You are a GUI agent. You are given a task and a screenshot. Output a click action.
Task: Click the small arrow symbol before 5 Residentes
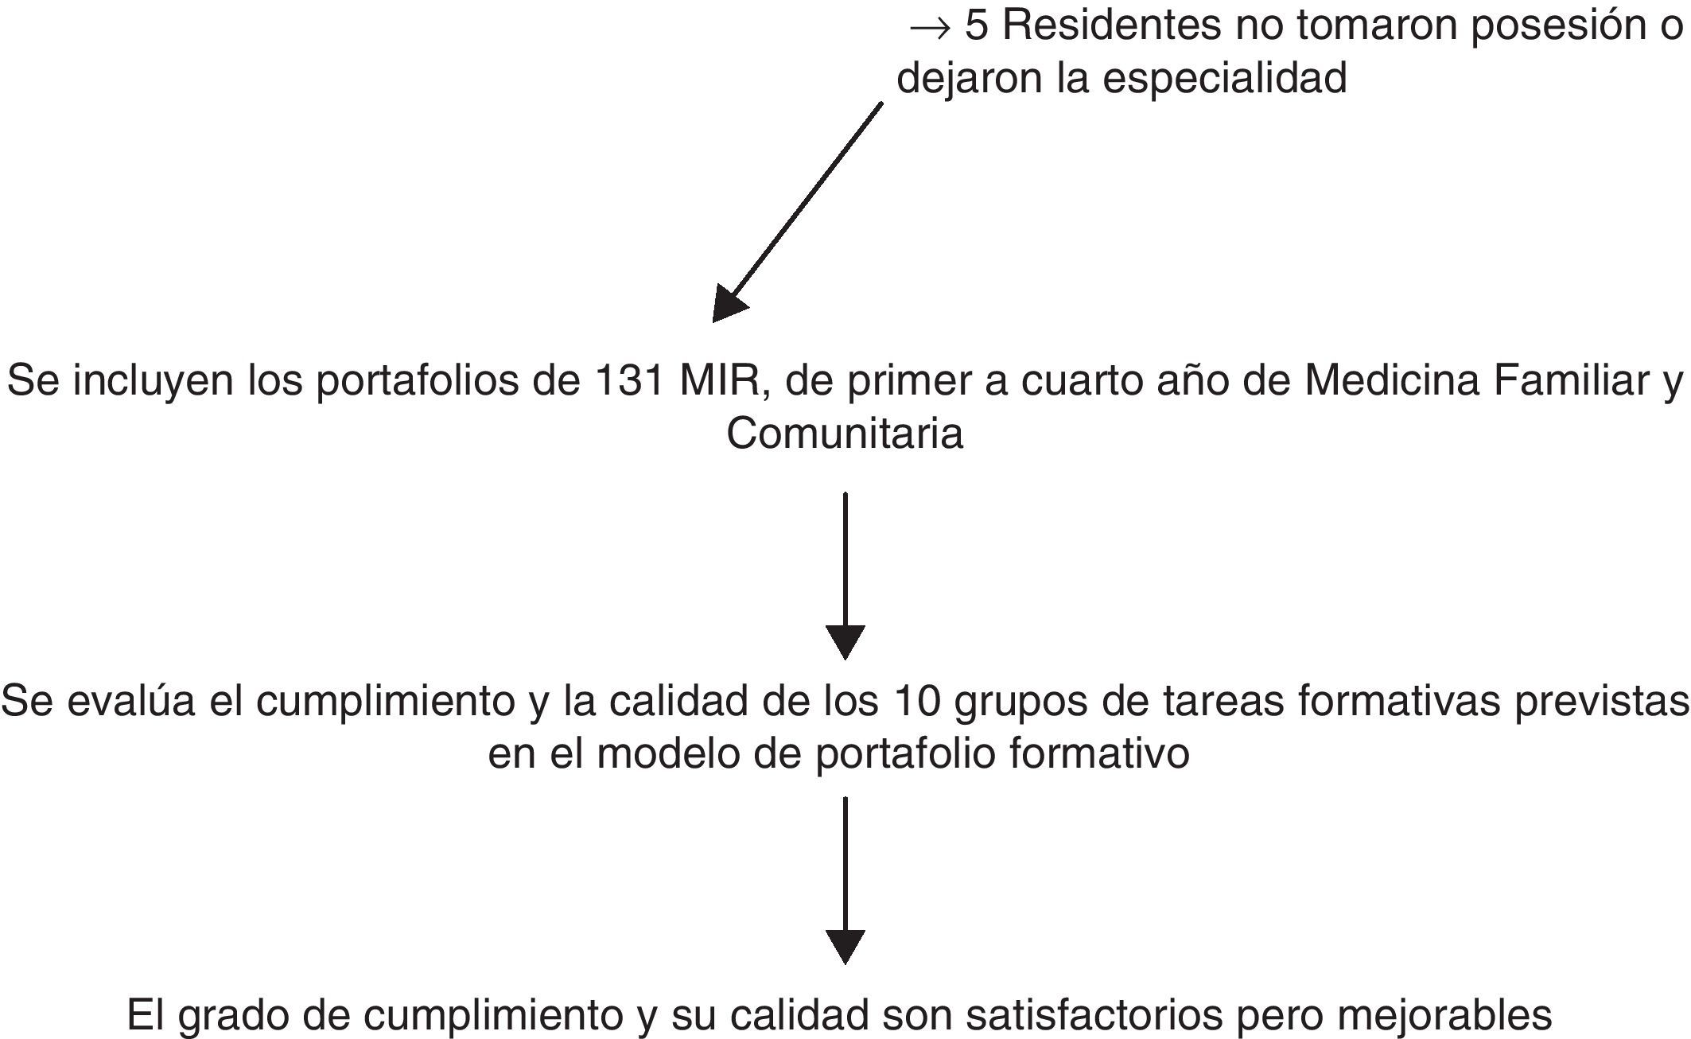pyautogui.click(x=929, y=28)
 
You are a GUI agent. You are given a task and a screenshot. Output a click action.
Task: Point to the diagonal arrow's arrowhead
pyautogui.click(x=727, y=305)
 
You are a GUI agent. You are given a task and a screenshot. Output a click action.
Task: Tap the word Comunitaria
pyautogui.click(x=845, y=434)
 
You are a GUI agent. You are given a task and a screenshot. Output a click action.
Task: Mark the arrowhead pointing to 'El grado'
pyautogui.click(x=845, y=946)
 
